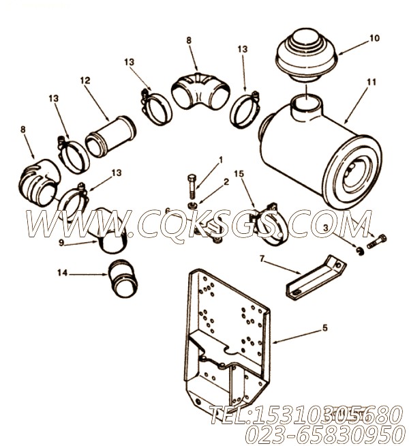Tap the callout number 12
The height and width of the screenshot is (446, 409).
85,80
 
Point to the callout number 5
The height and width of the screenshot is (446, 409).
324,328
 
